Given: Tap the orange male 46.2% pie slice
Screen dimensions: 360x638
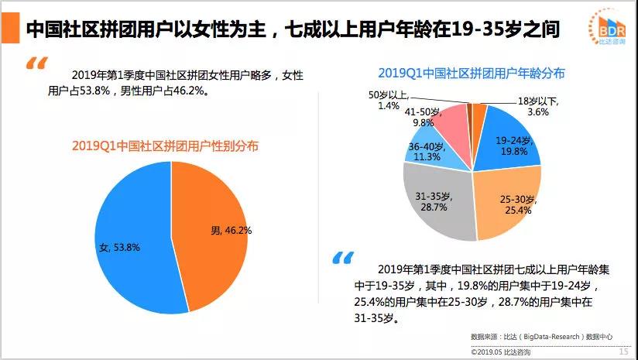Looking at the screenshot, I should tap(213, 209).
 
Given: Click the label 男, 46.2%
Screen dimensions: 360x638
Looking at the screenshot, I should tap(231, 230).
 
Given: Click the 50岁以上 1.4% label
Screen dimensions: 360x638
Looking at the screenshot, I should tap(386, 99).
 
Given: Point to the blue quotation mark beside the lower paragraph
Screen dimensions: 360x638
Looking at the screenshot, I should tap(342, 258).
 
